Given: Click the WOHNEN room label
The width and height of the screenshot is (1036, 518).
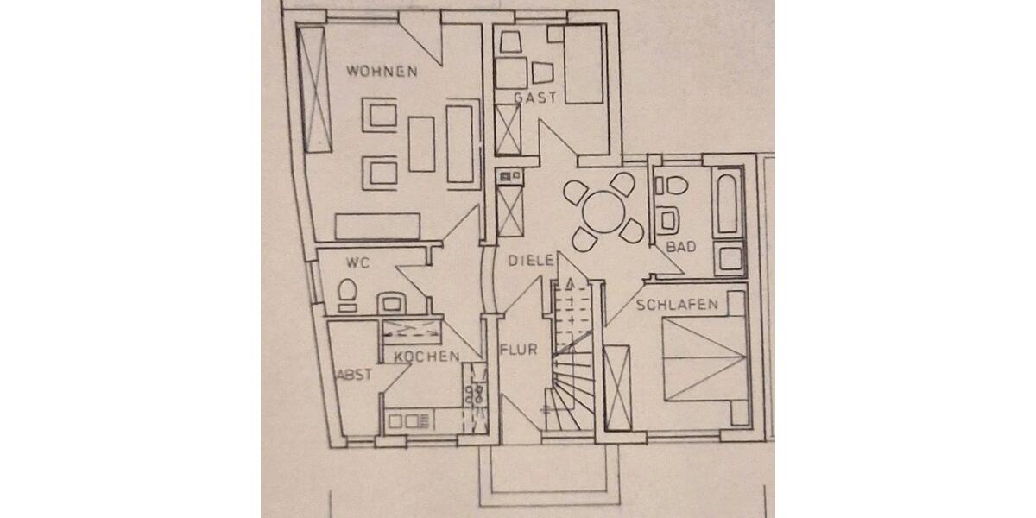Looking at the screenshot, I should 382,72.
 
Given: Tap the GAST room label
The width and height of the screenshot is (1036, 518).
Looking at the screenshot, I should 535,98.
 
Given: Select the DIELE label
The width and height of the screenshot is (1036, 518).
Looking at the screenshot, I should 530,260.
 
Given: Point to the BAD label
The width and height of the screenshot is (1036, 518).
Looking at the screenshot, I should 681,248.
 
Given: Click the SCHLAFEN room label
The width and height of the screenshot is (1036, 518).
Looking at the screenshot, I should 678,305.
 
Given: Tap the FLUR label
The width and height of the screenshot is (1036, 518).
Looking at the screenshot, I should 519,351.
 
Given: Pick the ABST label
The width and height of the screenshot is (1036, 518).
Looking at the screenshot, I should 353,376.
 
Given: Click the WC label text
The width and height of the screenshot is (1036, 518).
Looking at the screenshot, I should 357,262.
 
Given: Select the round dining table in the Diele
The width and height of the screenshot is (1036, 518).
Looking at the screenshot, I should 604,211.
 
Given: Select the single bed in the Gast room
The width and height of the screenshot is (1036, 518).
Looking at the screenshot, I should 583,66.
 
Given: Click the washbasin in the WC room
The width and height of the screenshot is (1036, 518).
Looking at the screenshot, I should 394,302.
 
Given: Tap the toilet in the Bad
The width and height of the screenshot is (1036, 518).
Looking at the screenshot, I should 669,185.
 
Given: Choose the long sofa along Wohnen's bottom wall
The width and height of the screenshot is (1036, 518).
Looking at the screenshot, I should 378,226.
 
